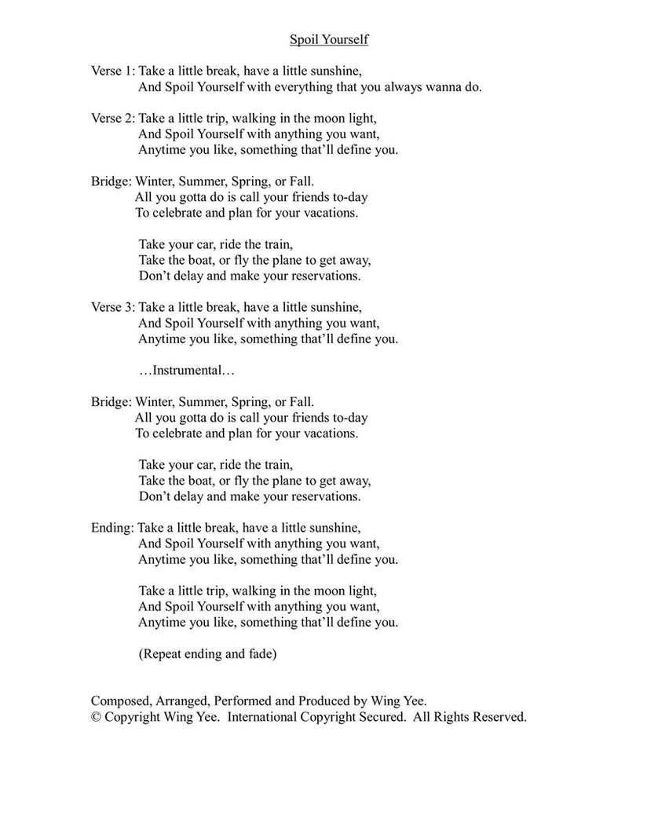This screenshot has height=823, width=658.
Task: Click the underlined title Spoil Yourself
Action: point(328,39)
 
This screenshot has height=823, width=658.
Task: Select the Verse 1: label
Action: point(113,71)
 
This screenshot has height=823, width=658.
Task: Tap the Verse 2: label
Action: point(113,119)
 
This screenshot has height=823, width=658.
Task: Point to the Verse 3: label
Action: point(113,308)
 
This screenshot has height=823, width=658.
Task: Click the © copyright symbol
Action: point(96,717)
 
